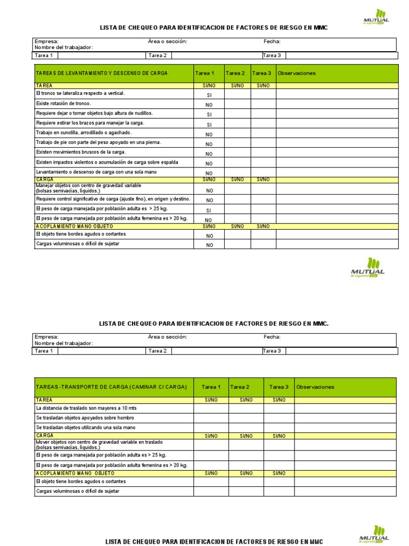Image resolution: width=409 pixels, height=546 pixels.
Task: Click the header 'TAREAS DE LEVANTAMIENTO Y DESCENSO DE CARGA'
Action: pos(102,73)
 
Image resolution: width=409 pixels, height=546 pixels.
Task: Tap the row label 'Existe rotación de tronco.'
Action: pos(63,103)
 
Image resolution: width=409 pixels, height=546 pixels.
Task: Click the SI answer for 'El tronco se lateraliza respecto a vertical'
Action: pos(209,95)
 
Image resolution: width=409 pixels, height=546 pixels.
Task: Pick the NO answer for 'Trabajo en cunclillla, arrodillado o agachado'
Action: pos(209,134)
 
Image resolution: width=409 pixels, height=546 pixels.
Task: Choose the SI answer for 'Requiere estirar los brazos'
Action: pos(209,125)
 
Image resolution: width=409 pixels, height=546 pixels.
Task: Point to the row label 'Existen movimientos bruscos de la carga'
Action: pos(81,152)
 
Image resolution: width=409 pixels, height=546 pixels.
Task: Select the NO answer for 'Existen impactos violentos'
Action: pos(209,164)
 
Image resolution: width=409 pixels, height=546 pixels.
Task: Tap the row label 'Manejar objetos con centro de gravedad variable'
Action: pos(88,186)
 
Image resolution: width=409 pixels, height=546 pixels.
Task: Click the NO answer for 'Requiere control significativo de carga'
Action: pos(209,200)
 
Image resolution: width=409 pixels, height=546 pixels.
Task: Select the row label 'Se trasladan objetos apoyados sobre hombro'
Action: pos(85,418)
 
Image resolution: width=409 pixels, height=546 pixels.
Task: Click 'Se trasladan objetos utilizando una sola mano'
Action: pos(86,428)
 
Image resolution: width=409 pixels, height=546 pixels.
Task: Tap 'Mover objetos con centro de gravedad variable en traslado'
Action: pos(99,442)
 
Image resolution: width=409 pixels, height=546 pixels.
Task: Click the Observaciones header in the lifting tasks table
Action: pos(297,73)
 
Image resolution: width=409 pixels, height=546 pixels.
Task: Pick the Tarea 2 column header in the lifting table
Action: pos(235,73)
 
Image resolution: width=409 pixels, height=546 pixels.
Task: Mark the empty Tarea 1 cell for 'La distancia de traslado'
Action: pos(211,408)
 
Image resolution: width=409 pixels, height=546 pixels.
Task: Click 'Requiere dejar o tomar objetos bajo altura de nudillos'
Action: pos(94,114)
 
